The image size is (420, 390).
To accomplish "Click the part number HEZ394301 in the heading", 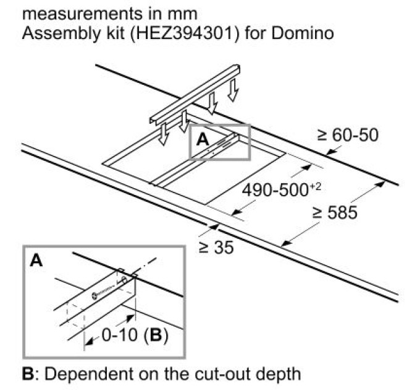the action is pos(184,33).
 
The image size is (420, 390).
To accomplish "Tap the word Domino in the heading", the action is pos(303,33).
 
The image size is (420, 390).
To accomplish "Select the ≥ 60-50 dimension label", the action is pos(348,135).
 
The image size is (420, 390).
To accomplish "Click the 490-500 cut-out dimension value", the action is pos(275,191).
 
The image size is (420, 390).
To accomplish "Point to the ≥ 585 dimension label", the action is pos(335,212).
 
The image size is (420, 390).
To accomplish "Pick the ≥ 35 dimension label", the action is pos(216,247).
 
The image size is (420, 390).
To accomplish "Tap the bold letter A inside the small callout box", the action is pos(202,139).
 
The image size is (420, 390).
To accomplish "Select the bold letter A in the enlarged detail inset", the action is pos(36,260).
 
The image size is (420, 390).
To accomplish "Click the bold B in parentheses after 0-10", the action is pos(156,335).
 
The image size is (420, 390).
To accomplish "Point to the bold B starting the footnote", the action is pos(28,374).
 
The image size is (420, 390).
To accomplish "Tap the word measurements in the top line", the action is pos(82,14).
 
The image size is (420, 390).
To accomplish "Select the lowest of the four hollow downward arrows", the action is pos(163,134).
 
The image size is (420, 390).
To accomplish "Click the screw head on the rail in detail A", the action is pos(95,295).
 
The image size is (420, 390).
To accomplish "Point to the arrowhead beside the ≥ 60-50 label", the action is pos(330,152).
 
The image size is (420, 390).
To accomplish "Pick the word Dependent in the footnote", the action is pos(90,374).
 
